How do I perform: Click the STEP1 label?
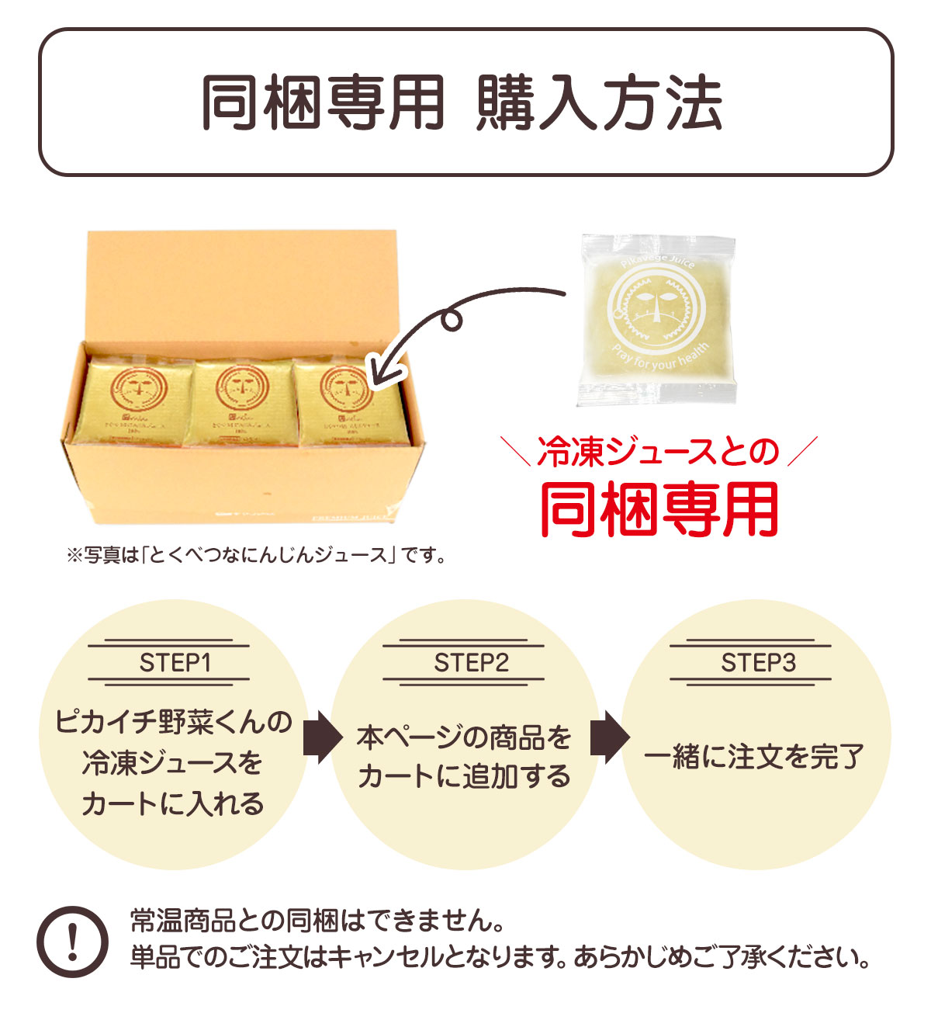pos(175,663)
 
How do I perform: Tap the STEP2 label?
pos(470,663)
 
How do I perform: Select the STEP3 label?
pos(757,663)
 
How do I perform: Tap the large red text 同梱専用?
pos(659,509)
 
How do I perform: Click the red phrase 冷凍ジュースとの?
pos(658,453)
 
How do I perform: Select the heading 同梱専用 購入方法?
pos(464,102)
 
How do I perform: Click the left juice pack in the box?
pos(134,401)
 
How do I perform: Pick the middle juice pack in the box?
pos(241,401)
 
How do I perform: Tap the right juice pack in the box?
pos(348,401)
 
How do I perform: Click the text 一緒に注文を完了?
pos(755,756)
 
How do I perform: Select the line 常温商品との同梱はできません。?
pos(318,921)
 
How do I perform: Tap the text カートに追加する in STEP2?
pos(464,776)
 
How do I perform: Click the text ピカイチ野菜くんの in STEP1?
pos(175,722)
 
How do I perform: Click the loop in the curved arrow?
pos(451,320)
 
